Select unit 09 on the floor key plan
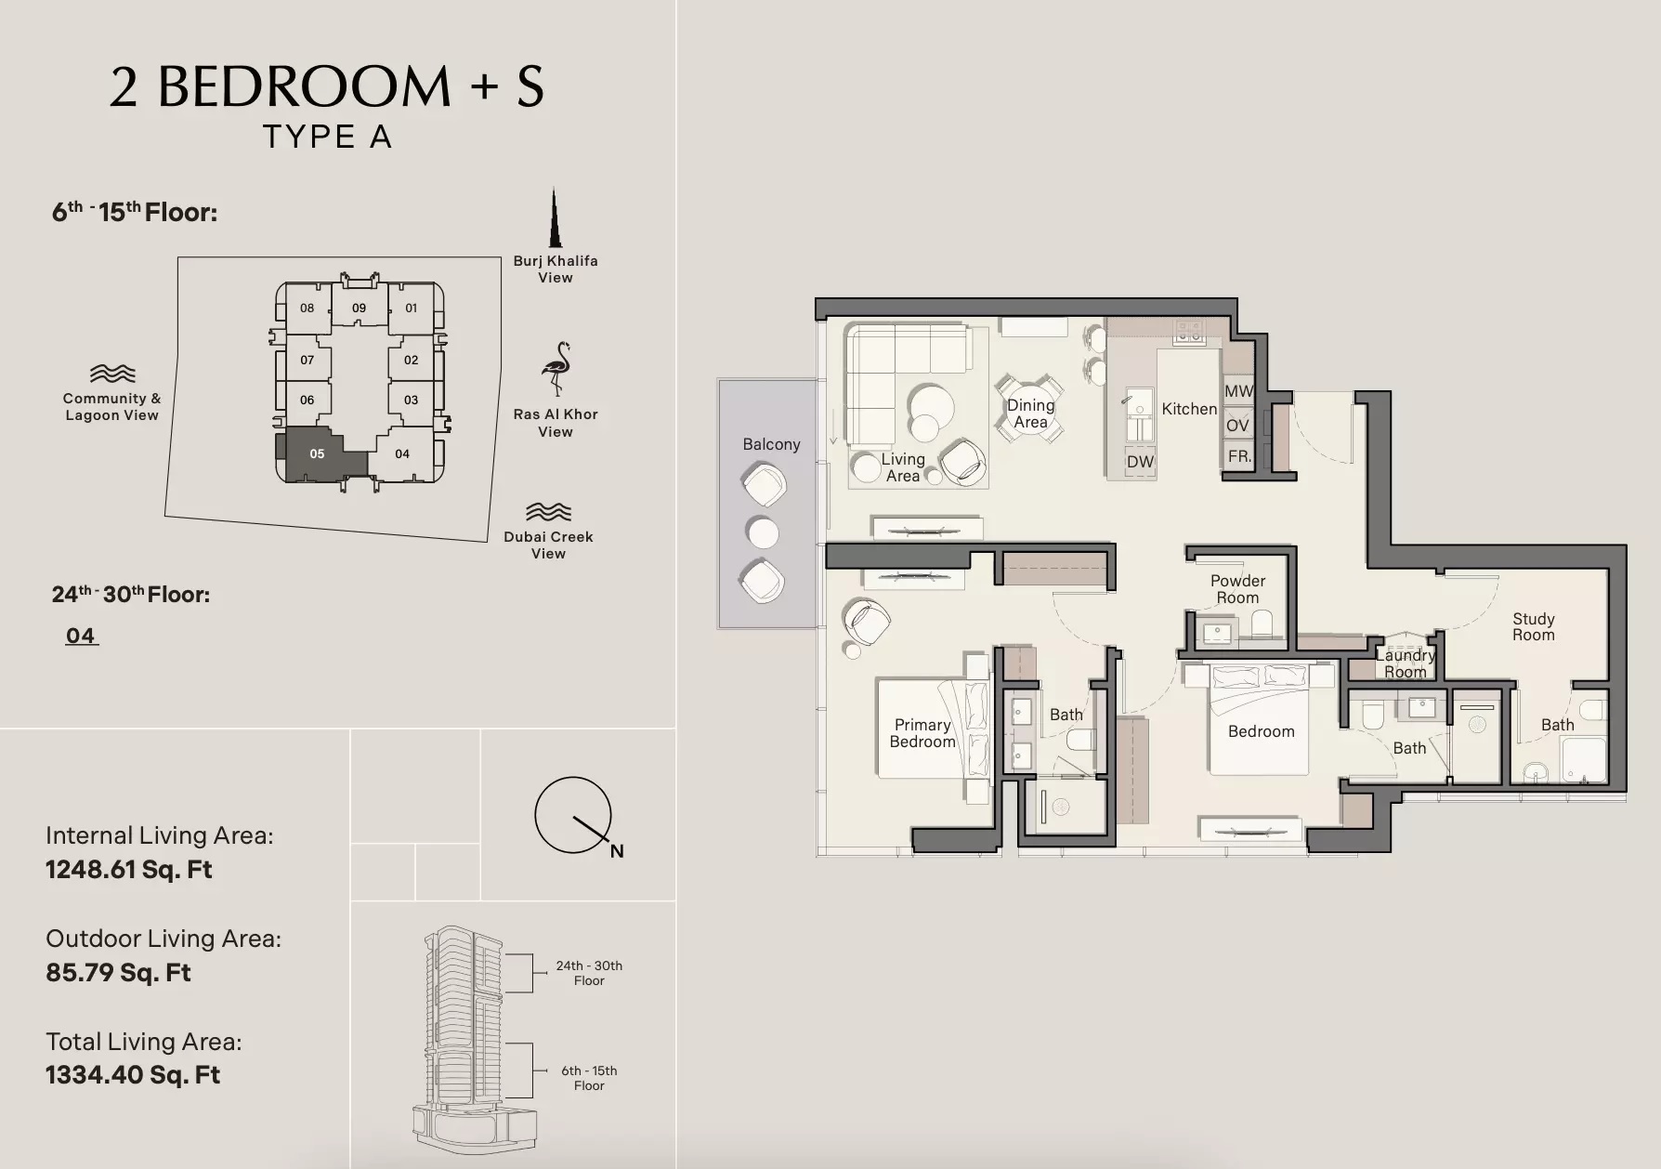click(x=359, y=308)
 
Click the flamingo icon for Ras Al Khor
click(x=556, y=369)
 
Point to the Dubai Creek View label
click(x=548, y=545)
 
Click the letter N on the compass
click(x=617, y=851)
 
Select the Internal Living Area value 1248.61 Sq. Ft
click(x=129, y=870)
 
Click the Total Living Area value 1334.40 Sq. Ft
click(x=133, y=1075)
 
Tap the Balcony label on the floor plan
click(x=771, y=444)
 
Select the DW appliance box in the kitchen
click(x=1140, y=462)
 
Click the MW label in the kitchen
click(x=1238, y=391)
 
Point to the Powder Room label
click(x=1237, y=589)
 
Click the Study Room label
click(x=1533, y=626)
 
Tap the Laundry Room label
click(x=1406, y=663)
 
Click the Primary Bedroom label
click(x=922, y=733)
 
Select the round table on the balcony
click(x=763, y=533)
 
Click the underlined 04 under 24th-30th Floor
click(x=81, y=636)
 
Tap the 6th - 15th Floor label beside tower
click(x=589, y=1078)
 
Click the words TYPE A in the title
click(x=327, y=137)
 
